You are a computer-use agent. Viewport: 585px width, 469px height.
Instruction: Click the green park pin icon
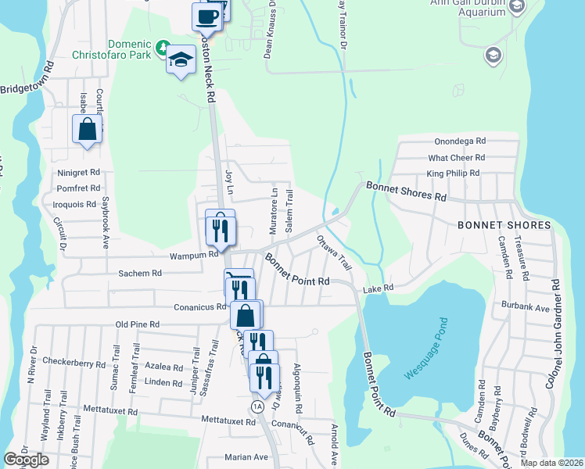162,49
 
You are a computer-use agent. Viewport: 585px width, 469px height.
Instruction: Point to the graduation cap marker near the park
181,60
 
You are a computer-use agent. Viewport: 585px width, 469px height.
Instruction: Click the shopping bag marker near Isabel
88,129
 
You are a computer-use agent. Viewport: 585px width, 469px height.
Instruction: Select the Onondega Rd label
460,141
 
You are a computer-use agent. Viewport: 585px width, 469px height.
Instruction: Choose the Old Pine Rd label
137,324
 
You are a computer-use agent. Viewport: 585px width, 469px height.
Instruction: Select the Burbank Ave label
532,308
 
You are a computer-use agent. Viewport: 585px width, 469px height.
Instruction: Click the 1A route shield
257,406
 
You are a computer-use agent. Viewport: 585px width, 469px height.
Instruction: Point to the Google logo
26,460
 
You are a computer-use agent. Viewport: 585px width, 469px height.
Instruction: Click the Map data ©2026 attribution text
551,463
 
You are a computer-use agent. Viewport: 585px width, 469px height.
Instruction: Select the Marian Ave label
246,457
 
